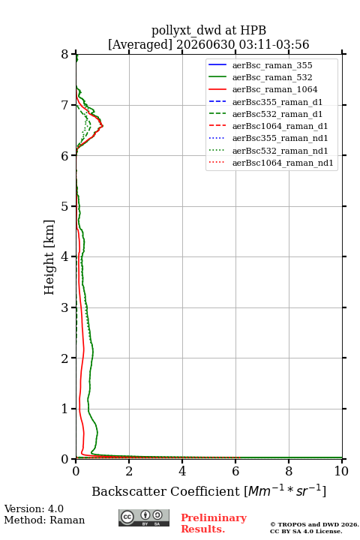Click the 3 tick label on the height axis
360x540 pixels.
pyautogui.click(x=65, y=307)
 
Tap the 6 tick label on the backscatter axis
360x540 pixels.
pyautogui.click(x=235, y=471)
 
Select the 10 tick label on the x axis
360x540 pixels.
pyautogui.click(x=341, y=471)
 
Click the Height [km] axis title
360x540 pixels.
pyautogui.click(x=49, y=257)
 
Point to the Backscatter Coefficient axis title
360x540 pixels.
pyautogui.click(x=208, y=490)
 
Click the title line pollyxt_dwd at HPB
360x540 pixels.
pyautogui.click(x=208, y=30)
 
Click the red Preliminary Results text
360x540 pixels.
pyautogui.click(x=214, y=523)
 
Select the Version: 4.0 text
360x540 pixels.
pyautogui.click(x=34, y=508)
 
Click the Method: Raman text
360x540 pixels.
pyautogui.click(x=44, y=520)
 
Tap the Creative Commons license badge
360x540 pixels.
pyautogui.click(x=144, y=518)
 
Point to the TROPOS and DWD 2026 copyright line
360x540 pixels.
pyautogui.click(x=314, y=524)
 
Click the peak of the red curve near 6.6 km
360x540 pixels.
pyautogui.click(x=103, y=126)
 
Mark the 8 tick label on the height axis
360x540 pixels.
pyautogui.click(x=65, y=54)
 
